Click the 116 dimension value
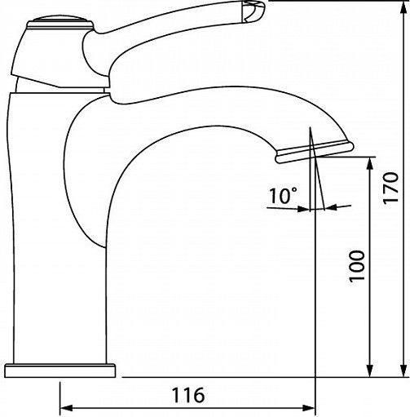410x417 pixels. point(188,395)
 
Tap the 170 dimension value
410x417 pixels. point(390,187)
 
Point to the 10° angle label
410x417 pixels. point(284,196)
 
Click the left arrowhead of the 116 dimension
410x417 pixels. point(66,408)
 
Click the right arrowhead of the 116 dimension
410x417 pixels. point(309,408)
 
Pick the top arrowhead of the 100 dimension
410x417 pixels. point(369,164)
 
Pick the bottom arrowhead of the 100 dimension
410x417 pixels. point(369,370)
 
